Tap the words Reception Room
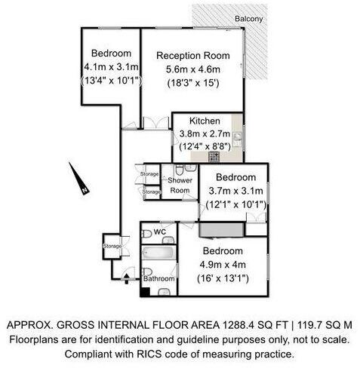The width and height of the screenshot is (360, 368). (x=193, y=54)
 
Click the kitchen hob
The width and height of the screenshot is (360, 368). (x=214, y=156)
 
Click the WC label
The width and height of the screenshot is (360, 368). (x=159, y=232)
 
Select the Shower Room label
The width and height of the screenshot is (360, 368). (x=180, y=186)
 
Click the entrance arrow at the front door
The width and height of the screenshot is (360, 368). (x=125, y=277)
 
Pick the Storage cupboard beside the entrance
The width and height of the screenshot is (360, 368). (x=112, y=245)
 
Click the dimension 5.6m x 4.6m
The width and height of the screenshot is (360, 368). (x=193, y=69)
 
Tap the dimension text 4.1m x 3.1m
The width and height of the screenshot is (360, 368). (x=112, y=67)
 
